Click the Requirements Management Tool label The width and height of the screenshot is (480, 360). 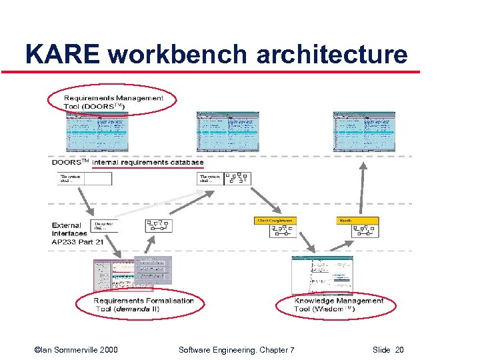113,102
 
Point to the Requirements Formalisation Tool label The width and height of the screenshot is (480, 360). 144,304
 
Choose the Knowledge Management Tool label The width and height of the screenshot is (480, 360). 339,305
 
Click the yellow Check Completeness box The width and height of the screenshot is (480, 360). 274,221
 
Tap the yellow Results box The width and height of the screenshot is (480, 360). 357,221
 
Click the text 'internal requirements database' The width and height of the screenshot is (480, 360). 148,162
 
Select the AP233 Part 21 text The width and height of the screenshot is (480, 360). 78,242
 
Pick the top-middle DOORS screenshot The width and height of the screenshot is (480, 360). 227,132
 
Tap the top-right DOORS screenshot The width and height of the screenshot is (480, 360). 364,132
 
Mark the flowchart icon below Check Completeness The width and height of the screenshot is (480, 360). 283,231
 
